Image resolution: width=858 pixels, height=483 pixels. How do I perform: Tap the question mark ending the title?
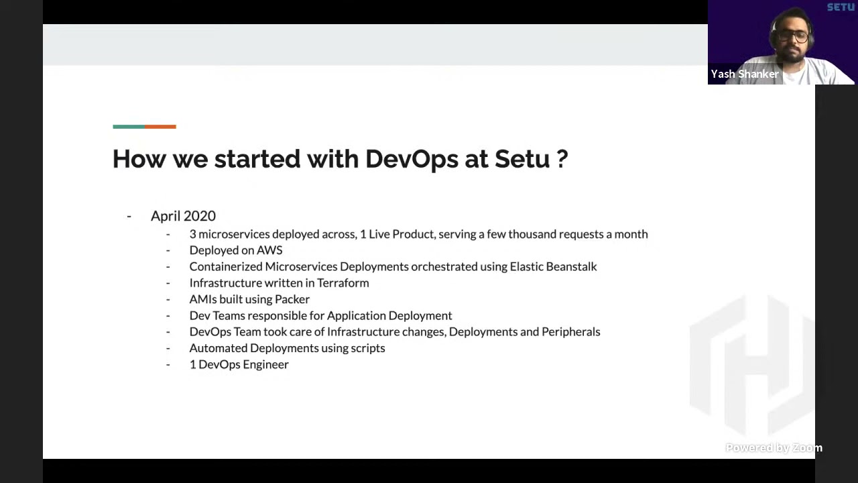tap(562, 160)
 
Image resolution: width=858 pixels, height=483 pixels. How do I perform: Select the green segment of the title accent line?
tap(128, 126)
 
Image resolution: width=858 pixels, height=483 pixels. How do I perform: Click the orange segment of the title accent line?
tap(160, 126)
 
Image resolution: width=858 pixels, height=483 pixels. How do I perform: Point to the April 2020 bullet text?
tap(183, 216)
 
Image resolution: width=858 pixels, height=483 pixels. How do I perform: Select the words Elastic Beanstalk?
tap(553, 267)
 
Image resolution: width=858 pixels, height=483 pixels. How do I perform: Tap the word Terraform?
tap(343, 283)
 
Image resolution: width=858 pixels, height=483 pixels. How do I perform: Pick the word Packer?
tap(292, 299)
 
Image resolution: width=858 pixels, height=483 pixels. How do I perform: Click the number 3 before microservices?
tap(192, 234)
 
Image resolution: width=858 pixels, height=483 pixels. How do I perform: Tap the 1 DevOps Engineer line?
tap(239, 364)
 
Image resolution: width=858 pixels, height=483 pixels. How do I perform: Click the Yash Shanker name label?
tap(745, 74)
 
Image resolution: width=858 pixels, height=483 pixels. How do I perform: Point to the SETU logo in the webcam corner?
tap(841, 7)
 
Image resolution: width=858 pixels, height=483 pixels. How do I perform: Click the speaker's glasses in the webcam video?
tap(792, 37)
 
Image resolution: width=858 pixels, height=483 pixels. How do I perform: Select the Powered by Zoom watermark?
tap(774, 448)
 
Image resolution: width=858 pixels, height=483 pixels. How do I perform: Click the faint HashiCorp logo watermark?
tap(751, 366)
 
